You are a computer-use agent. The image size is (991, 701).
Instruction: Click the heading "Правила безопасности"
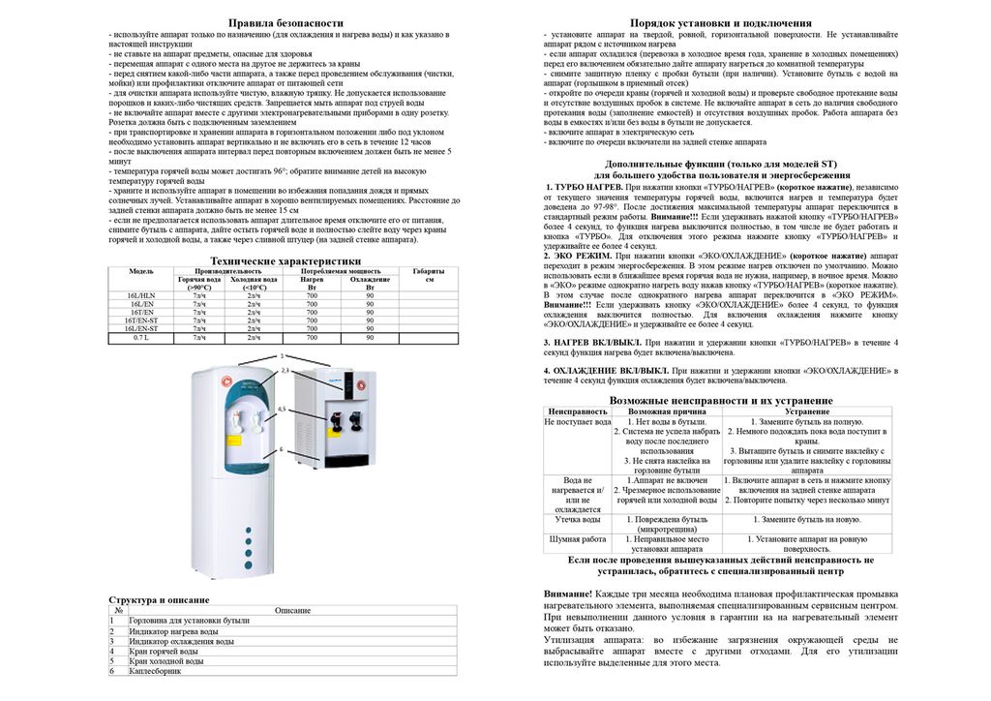coord(285,22)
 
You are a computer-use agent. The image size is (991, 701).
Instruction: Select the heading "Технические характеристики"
coord(285,261)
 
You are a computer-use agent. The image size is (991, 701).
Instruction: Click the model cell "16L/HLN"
coord(141,295)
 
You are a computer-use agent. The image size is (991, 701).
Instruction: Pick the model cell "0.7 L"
coord(141,337)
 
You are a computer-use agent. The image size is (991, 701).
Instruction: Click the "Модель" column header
coord(141,272)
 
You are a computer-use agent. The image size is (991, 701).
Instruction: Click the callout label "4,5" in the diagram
coord(282,410)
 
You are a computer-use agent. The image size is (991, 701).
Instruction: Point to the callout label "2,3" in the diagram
coord(285,372)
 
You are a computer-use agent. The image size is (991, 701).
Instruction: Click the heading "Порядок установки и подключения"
coord(720,22)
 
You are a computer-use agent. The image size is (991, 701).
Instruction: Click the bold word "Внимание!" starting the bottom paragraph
coord(567,593)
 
